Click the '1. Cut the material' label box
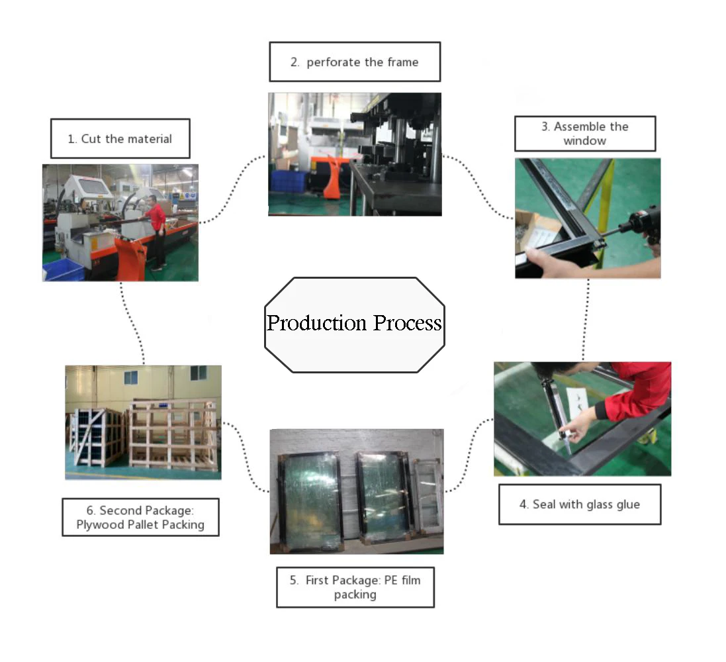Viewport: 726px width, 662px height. point(120,138)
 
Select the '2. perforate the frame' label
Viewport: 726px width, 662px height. point(355,62)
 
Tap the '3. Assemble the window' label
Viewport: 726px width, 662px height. point(585,134)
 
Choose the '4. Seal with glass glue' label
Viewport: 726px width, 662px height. point(580,504)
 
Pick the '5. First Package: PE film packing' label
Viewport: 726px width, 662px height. point(355,587)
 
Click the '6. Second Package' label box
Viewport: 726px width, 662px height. point(140,517)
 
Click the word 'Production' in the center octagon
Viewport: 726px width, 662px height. point(317,323)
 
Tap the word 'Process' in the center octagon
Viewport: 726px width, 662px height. point(408,323)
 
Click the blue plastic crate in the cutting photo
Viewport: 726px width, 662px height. point(63,269)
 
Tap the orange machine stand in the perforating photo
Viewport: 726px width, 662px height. point(332,177)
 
